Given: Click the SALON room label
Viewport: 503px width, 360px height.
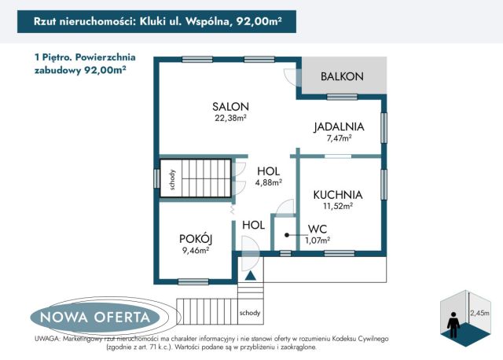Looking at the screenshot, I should tap(230, 107).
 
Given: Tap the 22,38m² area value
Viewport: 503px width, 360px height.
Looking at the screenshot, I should tap(230, 119).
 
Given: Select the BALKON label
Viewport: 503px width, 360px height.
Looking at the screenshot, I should tap(342, 76).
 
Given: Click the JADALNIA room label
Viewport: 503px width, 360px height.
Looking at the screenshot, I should tap(338, 126).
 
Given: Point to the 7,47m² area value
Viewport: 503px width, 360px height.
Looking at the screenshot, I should tap(338, 138).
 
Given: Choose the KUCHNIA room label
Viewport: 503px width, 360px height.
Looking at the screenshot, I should tap(337, 195).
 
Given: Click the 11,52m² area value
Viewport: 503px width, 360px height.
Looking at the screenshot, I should tap(337, 207).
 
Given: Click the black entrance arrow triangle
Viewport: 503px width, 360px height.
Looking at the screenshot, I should tap(250, 274).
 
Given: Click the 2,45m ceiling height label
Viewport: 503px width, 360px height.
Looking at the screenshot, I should tap(479, 313).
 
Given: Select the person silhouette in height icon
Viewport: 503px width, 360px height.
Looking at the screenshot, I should tap(453, 321).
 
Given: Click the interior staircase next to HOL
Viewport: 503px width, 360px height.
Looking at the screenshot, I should tap(195, 178).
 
